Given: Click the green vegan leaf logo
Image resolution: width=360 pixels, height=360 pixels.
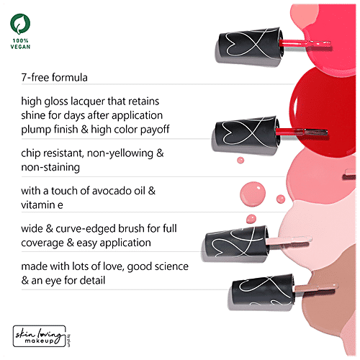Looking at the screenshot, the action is pyautogui.click(x=20, y=24).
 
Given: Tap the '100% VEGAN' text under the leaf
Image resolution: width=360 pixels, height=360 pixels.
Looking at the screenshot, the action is pyautogui.click(x=20, y=44).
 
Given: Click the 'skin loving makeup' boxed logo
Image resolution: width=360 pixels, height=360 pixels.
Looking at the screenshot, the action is pyautogui.click(x=40, y=336).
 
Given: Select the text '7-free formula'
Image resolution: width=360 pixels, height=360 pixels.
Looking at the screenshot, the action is pyautogui.click(x=54, y=78).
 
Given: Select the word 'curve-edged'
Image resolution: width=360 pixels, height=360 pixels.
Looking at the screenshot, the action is pyautogui.click(x=93, y=229).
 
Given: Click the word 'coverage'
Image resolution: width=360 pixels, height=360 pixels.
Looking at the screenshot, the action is pyautogui.click(x=42, y=243).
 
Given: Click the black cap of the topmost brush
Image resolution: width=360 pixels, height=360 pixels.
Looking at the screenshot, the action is pyautogui.click(x=250, y=45).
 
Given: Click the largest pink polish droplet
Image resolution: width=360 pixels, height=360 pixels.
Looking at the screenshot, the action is pyautogui.click(x=253, y=194).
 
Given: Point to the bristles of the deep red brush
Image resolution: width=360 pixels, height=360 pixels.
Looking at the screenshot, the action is pyautogui.click(x=315, y=132).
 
